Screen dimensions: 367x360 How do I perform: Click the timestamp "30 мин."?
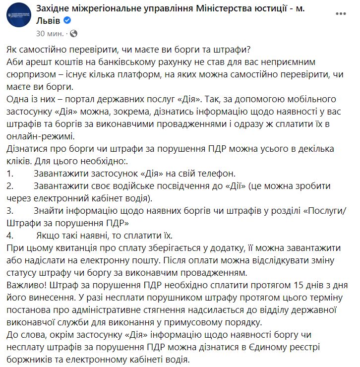50,34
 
